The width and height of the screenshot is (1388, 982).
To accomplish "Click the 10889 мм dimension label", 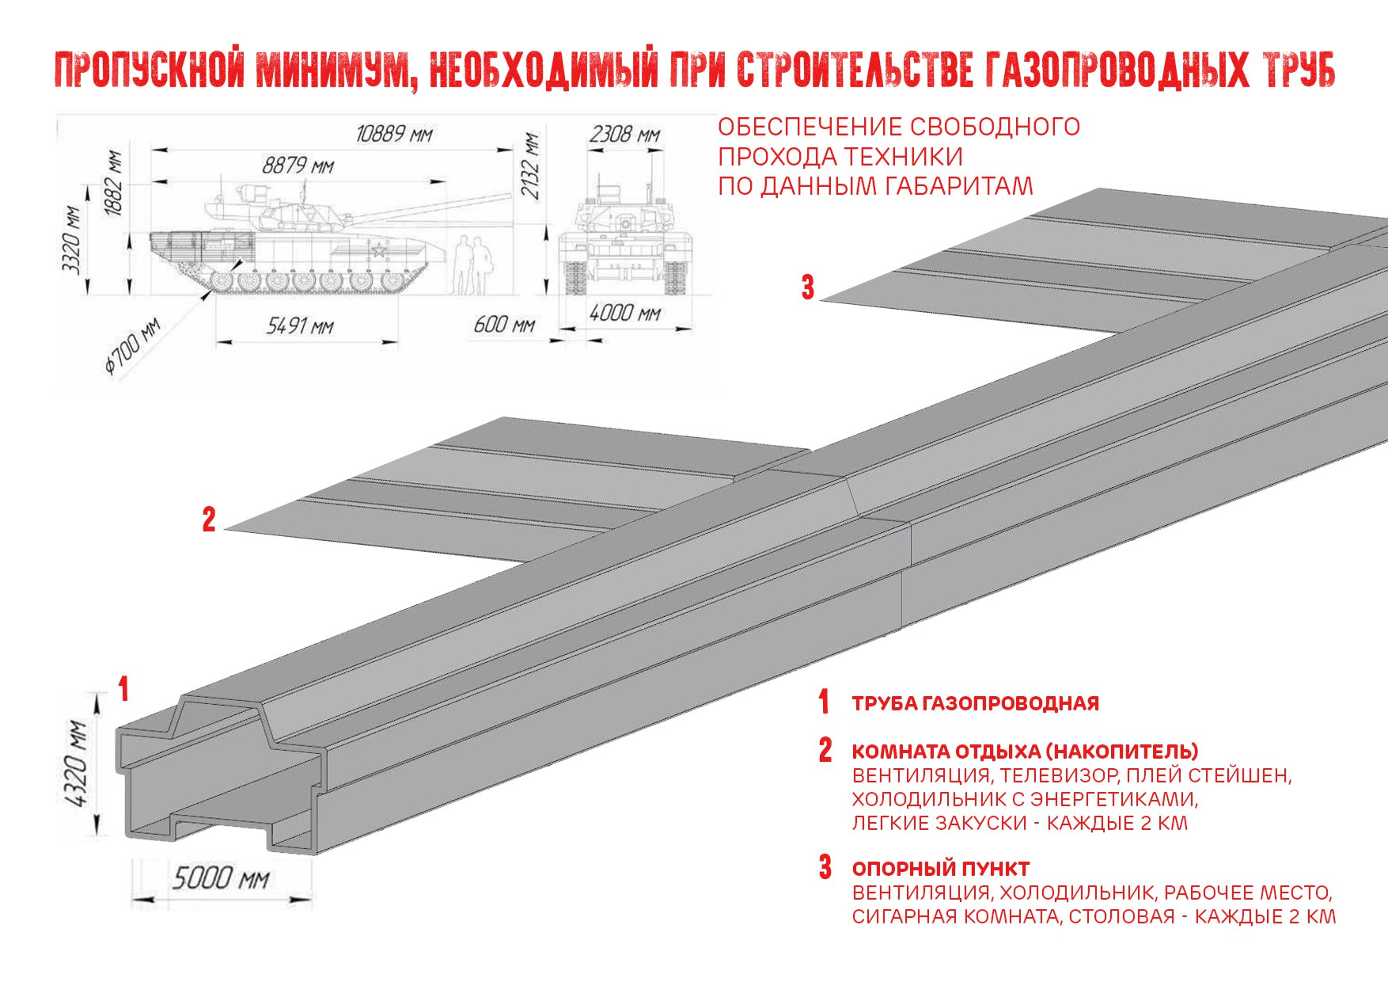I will (393, 133).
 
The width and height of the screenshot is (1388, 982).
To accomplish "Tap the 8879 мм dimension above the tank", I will (298, 166).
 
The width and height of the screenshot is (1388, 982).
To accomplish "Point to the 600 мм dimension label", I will (504, 325).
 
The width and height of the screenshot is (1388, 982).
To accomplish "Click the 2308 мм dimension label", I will (624, 135).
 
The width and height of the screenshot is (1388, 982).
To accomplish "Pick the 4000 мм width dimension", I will (624, 314).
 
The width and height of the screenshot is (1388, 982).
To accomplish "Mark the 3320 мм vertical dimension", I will (72, 239).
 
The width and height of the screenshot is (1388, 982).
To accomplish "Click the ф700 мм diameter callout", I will (132, 347).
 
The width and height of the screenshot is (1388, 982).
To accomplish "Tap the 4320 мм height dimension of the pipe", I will (77, 763).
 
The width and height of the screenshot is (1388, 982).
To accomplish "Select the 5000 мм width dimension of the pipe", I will (221, 878).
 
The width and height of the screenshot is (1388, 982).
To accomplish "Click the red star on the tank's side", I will (379, 251).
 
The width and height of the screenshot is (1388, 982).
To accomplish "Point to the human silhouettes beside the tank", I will (472, 266).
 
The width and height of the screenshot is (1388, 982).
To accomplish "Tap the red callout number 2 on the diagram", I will (209, 520).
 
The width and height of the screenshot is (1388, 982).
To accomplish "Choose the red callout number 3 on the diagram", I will (807, 287).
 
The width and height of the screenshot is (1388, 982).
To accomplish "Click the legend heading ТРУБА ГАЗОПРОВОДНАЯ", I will (975, 703).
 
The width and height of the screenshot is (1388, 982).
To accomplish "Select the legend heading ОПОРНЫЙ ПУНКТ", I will (940, 869).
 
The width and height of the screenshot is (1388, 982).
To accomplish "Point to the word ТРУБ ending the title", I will (1299, 70).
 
